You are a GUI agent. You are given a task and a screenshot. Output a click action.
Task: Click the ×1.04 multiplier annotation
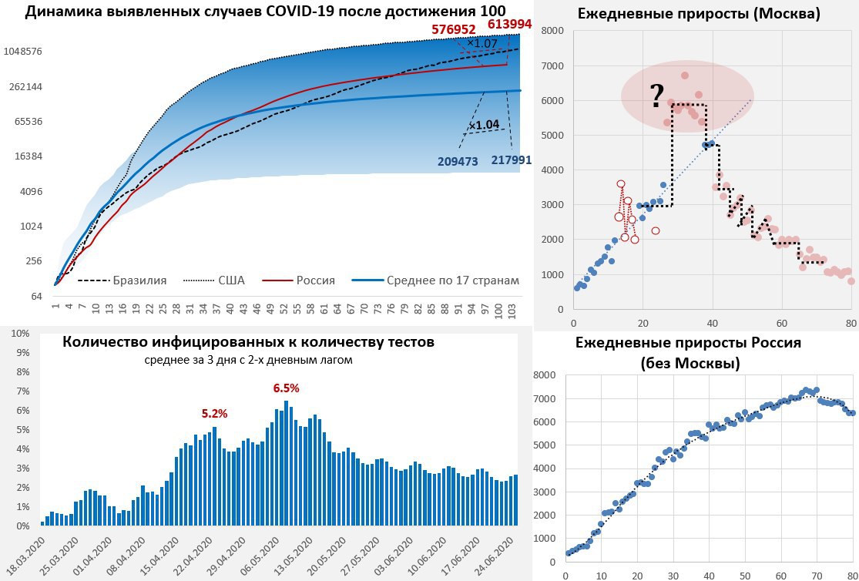[484, 125]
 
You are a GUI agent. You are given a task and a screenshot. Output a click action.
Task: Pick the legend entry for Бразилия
[139, 280]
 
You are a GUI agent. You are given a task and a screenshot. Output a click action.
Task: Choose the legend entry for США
[230, 280]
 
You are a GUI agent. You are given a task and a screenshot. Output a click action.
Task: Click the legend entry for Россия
[316, 280]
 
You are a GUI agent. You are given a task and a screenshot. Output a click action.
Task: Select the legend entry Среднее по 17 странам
[452, 280]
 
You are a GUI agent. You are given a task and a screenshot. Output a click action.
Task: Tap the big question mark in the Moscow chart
[656, 96]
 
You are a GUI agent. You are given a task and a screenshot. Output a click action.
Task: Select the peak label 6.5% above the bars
[286, 388]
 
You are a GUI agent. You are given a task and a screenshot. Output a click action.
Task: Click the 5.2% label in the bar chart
[214, 414]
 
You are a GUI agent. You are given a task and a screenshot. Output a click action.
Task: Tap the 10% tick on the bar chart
[19, 334]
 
